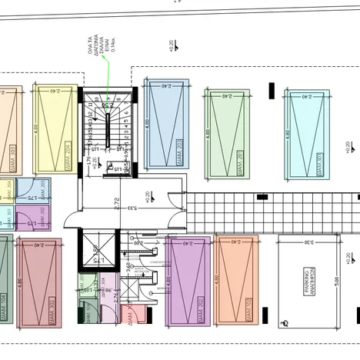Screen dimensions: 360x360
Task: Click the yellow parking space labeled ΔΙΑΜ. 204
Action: (57, 128)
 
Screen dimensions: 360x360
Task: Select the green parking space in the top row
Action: (227, 132)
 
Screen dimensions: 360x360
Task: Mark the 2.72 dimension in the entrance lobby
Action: (117, 204)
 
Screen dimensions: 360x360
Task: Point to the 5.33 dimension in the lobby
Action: (132, 208)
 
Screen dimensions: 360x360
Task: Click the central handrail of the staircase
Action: (108, 127)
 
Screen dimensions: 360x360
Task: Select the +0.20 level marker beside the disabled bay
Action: (347, 258)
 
